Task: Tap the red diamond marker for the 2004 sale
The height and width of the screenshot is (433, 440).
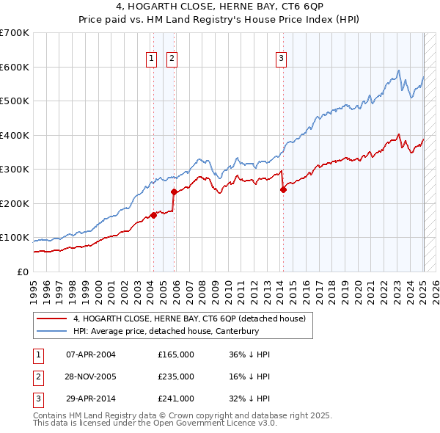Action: (x=154, y=215)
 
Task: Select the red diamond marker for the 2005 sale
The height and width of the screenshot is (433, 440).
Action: (x=175, y=192)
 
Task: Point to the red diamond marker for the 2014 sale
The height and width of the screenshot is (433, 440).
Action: (x=283, y=189)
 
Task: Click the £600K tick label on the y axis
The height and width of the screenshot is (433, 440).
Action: (x=14, y=67)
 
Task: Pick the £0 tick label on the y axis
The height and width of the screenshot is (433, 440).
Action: (x=22, y=272)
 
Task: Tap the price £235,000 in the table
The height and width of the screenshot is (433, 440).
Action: (x=176, y=376)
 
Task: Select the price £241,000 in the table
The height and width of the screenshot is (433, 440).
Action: (x=176, y=399)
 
